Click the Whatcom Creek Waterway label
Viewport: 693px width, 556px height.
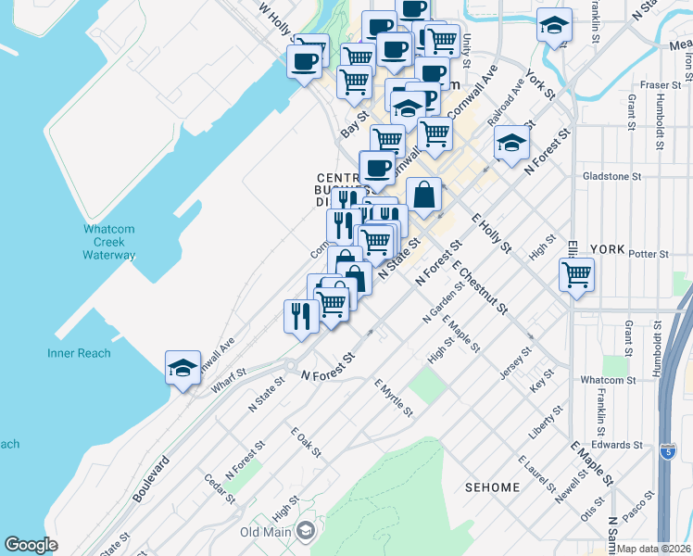point(109,242)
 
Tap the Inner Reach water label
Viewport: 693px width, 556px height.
point(79,353)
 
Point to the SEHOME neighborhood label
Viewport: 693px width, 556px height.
point(492,460)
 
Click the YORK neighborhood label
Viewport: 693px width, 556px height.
point(608,249)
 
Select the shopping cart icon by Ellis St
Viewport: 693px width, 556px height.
point(576,274)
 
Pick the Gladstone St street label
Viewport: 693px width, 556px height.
point(611,176)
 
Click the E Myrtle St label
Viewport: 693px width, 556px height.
point(393,397)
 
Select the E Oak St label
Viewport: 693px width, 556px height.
point(305,442)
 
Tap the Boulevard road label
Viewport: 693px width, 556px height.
point(152,478)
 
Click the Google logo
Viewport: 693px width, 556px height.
point(31,545)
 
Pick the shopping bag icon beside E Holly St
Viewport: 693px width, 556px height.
point(423,196)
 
